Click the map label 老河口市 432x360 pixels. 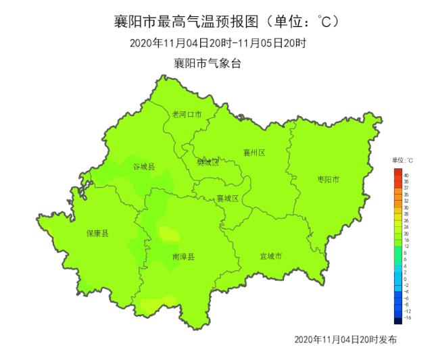[x=187, y=114]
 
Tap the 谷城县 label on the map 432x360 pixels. [x=143, y=166]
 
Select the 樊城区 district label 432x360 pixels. [x=208, y=162]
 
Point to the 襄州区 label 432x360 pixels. [x=254, y=153]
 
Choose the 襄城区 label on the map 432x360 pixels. [x=228, y=198]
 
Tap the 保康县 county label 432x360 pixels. [x=97, y=233]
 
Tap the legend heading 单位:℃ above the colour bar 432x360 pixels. [x=402, y=160]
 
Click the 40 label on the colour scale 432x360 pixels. [x=406, y=175]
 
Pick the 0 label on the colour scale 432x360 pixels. [x=405, y=278]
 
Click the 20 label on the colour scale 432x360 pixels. [x=406, y=233]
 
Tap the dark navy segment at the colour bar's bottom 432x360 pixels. [x=397, y=320]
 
